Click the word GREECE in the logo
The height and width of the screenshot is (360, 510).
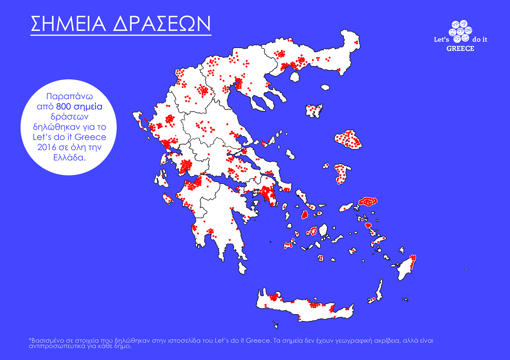click(460, 49)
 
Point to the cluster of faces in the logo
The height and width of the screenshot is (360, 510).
click(460, 32)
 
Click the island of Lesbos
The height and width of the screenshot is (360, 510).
click(348, 139)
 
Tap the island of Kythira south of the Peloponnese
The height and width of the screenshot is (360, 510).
click(242, 268)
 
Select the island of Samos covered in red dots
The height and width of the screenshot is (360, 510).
click(369, 202)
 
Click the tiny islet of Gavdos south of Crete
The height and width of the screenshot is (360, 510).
click(275, 326)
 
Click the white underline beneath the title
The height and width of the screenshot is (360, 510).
click(121, 35)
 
